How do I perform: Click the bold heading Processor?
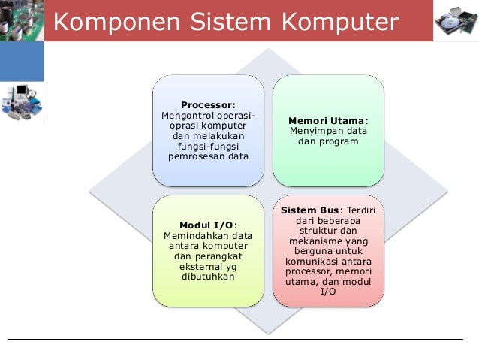point(208,104)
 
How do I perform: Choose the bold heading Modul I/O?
point(206,225)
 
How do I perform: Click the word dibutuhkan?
point(207,277)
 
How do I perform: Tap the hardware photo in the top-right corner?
point(456,21)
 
